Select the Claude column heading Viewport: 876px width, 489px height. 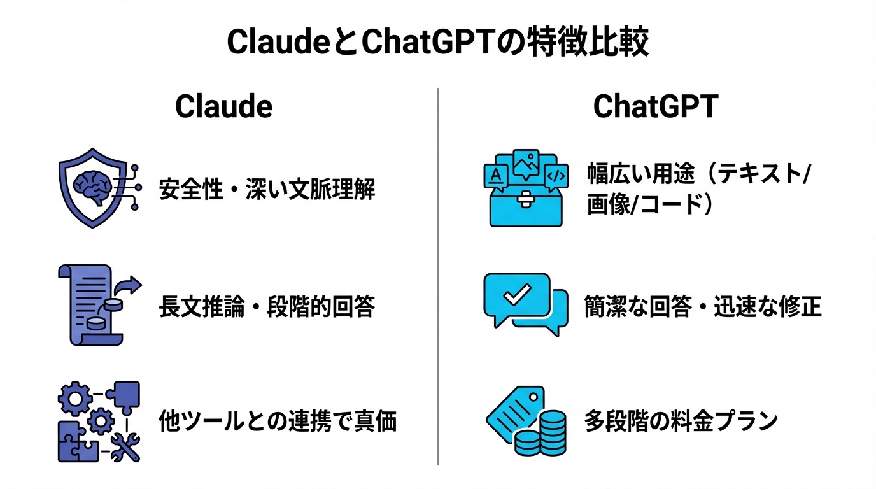click(x=223, y=107)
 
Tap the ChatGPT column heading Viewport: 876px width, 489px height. click(x=656, y=107)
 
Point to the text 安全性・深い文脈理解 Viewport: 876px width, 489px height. click(x=267, y=190)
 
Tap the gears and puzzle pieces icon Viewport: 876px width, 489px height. click(x=99, y=422)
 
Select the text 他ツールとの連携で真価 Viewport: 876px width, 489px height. click(x=277, y=422)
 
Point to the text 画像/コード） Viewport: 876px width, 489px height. click(x=649, y=205)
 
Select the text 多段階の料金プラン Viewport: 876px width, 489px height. click(x=681, y=422)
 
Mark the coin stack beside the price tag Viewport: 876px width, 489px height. click(x=542, y=434)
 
